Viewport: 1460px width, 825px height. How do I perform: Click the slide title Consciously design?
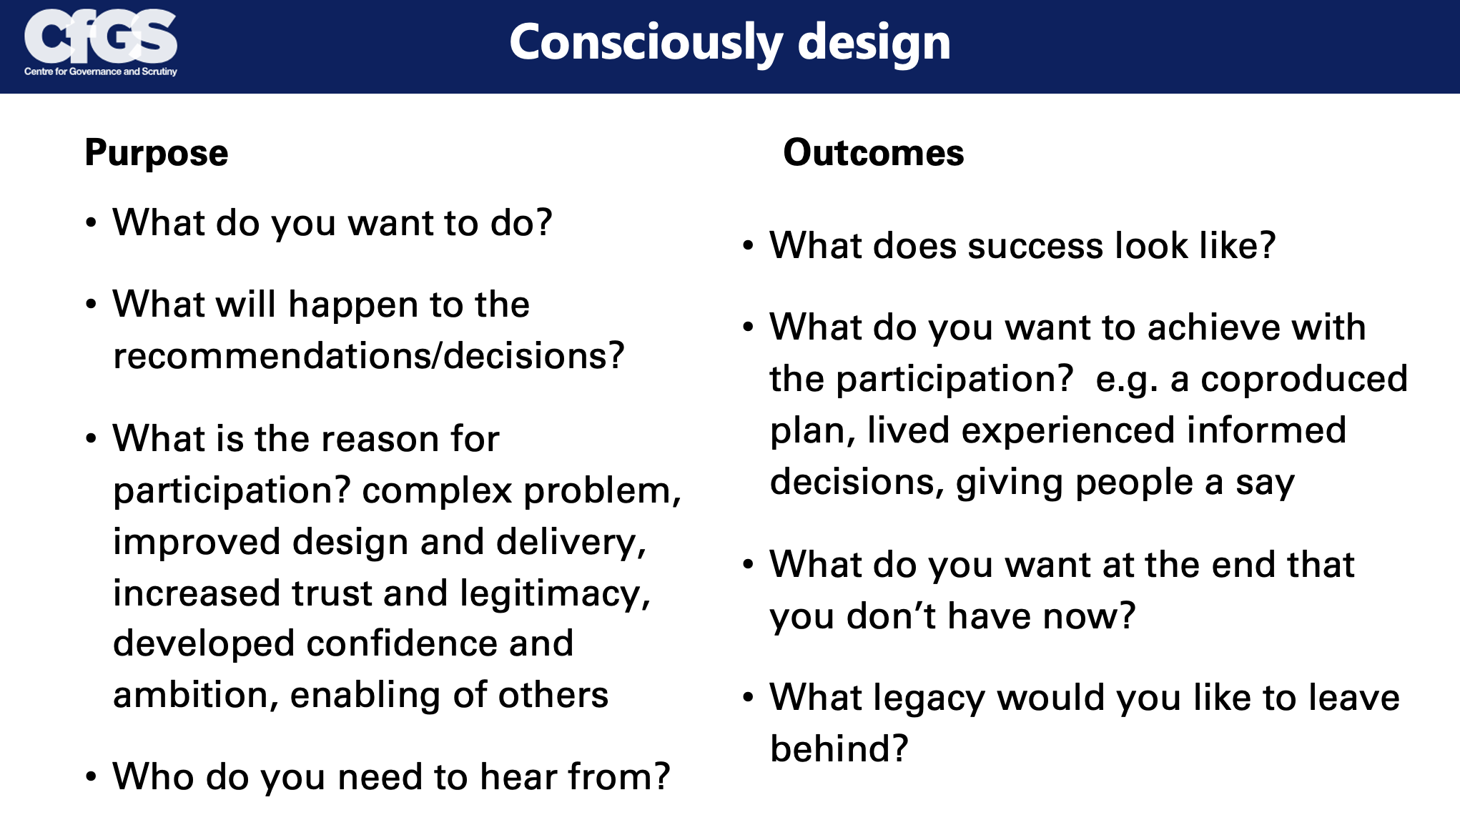tap(730, 43)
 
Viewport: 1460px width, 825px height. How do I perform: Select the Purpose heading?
tap(157, 154)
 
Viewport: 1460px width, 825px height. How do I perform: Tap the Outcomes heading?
tap(874, 152)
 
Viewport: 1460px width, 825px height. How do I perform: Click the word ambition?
tap(191, 695)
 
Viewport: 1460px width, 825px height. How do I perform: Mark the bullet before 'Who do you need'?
tap(91, 777)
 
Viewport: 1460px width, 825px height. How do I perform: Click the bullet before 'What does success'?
tap(748, 247)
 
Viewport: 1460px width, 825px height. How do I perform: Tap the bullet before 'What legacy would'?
tap(748, 697)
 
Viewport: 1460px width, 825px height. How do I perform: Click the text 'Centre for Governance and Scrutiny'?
tap(101, 71)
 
